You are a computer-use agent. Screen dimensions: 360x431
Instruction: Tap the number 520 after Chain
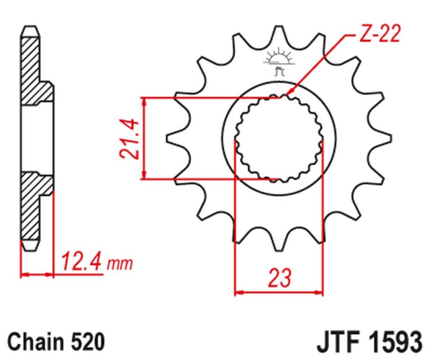point(86,342)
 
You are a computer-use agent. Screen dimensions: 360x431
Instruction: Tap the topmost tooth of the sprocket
point(279,32)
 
